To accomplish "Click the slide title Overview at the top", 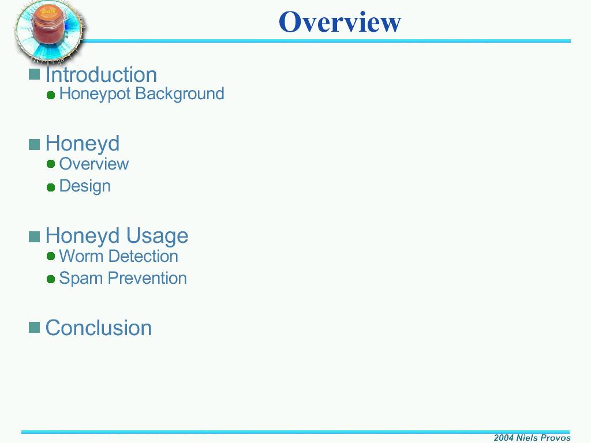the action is click(x=340, y=22).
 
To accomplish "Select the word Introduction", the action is click(x=101, y=74).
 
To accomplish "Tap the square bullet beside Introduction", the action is click(x=34, y=74).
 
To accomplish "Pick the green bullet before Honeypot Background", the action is click(x=51, y=95).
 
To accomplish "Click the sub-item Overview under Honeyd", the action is click(x=94, y=164).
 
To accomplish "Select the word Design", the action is click(x=85, y=186).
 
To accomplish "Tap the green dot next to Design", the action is click(x=51, y=187).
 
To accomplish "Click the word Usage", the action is click(x=157, y=236).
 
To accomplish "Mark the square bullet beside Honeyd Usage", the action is click(x=34, y=237).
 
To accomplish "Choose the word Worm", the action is click(x=81, y=256).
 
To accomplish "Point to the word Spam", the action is click(x=81, y=279).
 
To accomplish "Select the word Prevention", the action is click(x=147, y=279).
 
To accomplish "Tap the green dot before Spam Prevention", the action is click(x=51, y=279).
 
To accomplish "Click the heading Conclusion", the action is click(x=99, y=328).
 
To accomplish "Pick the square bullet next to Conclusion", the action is click(x=34, y=328).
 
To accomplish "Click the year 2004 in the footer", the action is click(x=503, y=438).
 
